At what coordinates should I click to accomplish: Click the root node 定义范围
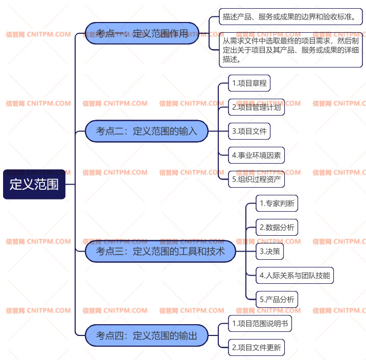34,184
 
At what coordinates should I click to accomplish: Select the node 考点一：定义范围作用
142,34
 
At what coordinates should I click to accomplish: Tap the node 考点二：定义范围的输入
146,131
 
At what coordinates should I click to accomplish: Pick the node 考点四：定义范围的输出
146,335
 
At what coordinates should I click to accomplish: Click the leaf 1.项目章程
249,83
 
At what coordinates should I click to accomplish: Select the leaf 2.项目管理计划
256,107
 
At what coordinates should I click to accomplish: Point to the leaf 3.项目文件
249,131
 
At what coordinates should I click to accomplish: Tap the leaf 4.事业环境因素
256,155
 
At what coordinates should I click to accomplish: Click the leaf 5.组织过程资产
256,179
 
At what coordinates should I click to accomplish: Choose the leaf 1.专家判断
277,203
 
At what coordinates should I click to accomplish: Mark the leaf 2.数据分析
277,227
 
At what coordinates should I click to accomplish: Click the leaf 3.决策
270,251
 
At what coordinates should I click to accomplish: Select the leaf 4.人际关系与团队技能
294,275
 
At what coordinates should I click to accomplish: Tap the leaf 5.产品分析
277,299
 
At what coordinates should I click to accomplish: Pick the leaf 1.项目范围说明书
260,323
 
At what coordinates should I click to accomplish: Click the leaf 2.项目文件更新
256,347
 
